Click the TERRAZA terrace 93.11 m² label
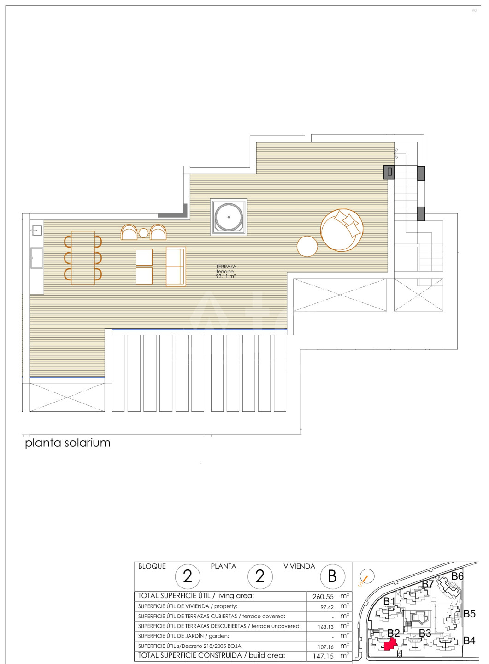pos(226,271)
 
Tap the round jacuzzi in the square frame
pos(229,217)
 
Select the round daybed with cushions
pos(342,231)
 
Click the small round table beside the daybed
pos(307,246)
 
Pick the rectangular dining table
pos(83,258)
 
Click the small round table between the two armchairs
pos(143,233)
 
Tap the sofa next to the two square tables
pos(176,266)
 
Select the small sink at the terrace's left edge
pos(37,231)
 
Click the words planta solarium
pos(68,443)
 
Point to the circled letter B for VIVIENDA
pos(332,576)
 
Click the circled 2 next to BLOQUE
pos(188,576)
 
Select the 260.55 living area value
pos(323,597)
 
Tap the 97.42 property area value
pos(327,607)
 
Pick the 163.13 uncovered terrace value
pos(326,627)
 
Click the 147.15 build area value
pos(323,657)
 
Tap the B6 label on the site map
pos(457,576)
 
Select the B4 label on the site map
pos(469,640)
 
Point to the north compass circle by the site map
pos(367,576)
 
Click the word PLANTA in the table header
pos(224,566)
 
